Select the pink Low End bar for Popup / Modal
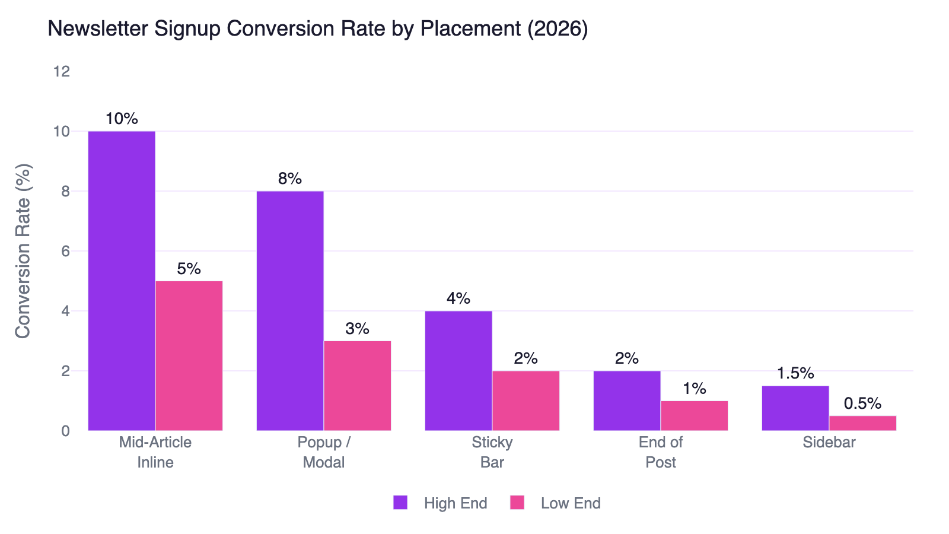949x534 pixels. (x=357, y=386)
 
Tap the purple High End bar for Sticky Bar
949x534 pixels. (x=458, y=371)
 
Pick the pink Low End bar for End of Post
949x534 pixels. (x=694, y=416)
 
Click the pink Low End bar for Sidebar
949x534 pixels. (x=862, y=423)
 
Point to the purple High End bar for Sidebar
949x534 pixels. (x=795, y=408)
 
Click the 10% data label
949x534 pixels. (x=122, y=119)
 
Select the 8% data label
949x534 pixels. (x=290, y=179)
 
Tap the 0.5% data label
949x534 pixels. (x=862, y=403)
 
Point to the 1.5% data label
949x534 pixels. (x=795, y=373)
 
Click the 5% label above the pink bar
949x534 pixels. (x=189, y=269)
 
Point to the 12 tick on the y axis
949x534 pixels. (x=62, y=71)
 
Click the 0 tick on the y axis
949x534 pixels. (x=65, y=431)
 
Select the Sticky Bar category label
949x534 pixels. (x=492, y=452)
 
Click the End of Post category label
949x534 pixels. (x=661, y=452)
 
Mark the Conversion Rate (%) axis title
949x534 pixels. (x=23, y=251)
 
